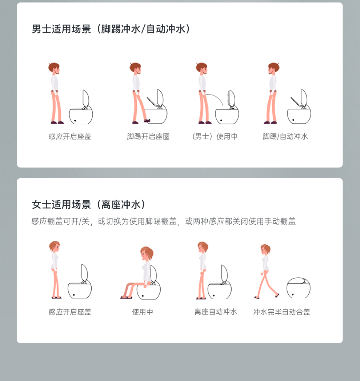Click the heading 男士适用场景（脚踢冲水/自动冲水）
[x=111, y=29]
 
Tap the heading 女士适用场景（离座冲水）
[x=89, y=204]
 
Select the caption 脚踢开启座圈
[x=148, y=136]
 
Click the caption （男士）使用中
[x=215, y=136]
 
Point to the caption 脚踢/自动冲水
[x=285, y=136]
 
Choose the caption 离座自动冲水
[x=216, y=312]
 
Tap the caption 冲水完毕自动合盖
[x=281, y=312]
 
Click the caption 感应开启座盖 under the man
[x=70, y=136]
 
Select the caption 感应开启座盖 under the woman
[x=70, y=312]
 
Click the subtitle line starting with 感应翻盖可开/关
[x=163, y=221]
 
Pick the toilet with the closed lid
[x=299, y=288]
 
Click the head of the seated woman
[x=147, y=253]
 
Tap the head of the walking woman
[x=265, y=249]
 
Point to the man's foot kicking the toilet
[x=147, y=120]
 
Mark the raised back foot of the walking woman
[x=277, y=296]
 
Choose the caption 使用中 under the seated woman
[x=143, y=312]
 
